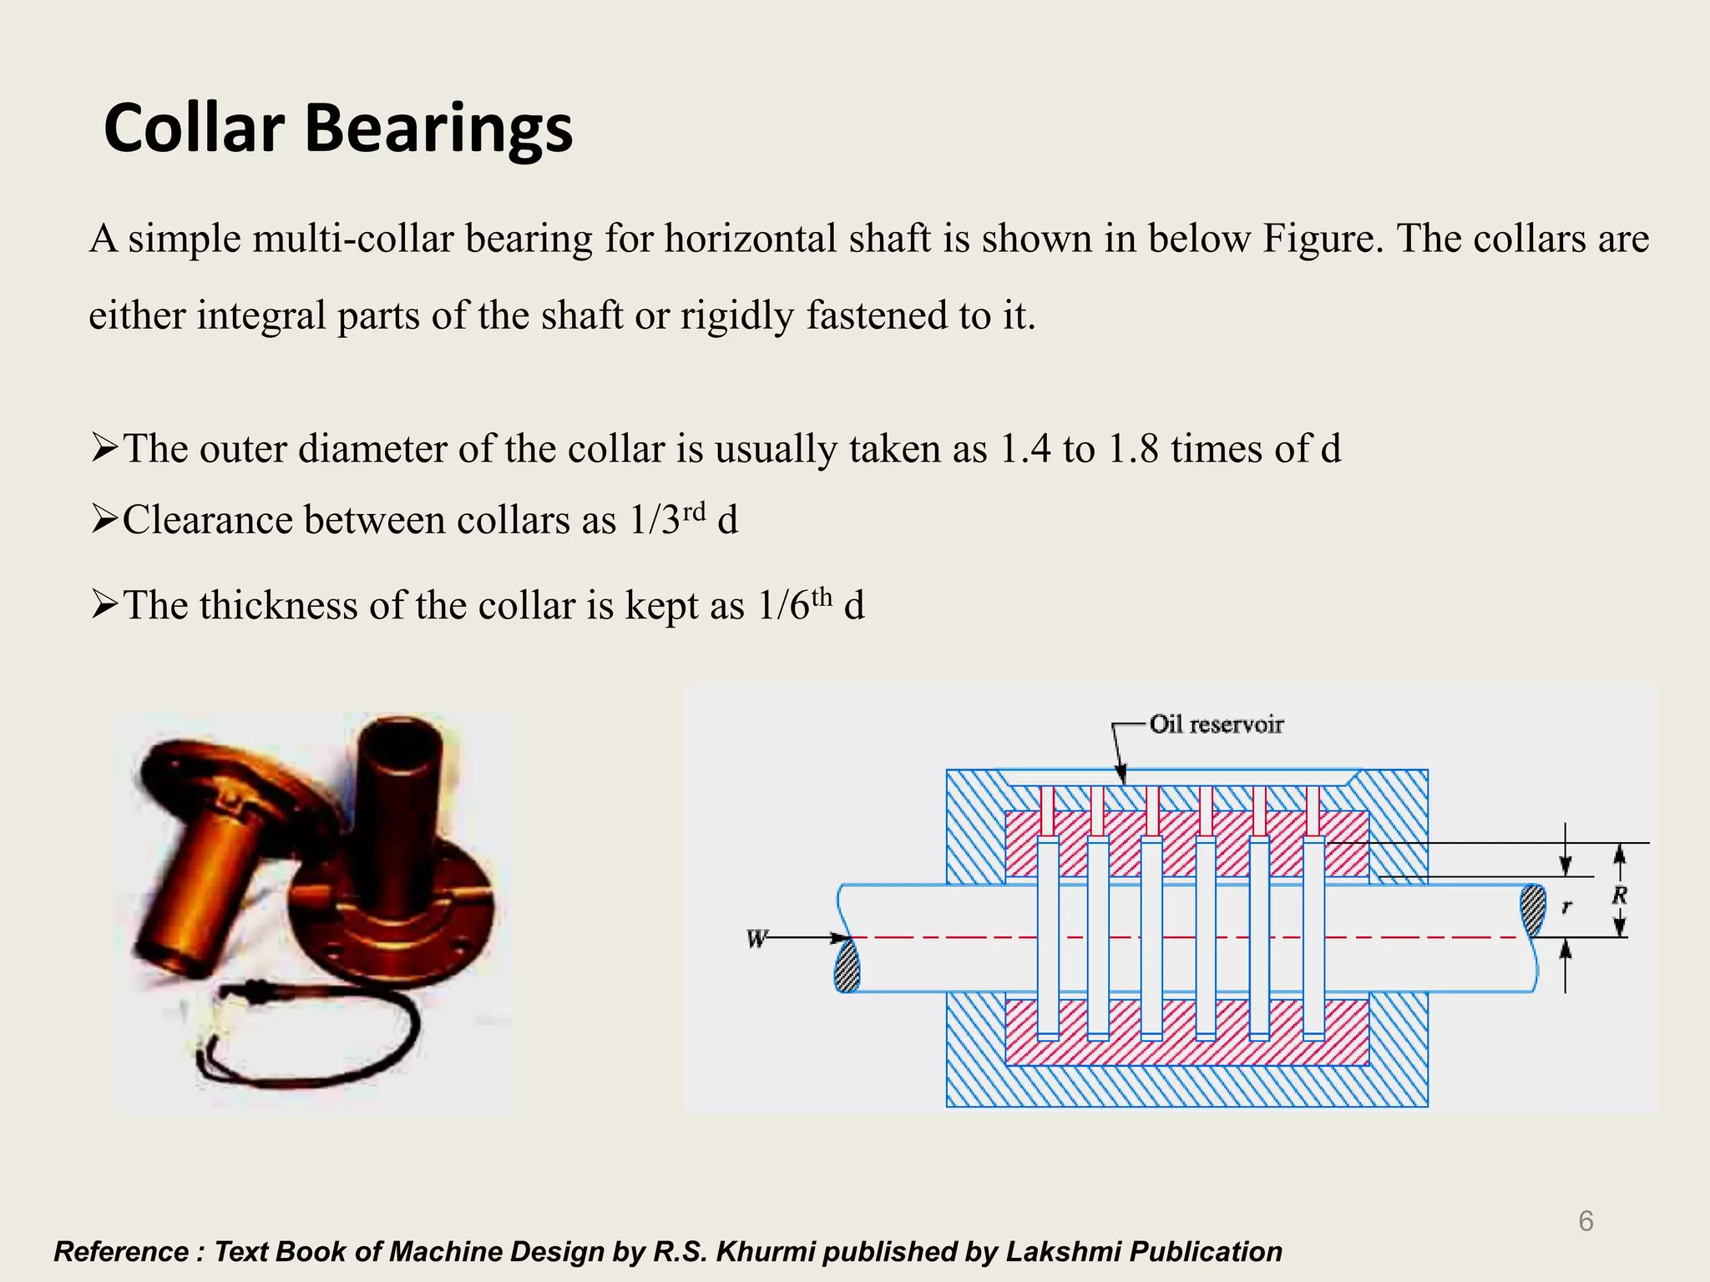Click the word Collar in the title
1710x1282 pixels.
click(x=194, y=129)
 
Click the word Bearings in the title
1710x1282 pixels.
click(x=438, y=130)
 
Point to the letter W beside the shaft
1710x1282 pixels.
click(x=756, y=939)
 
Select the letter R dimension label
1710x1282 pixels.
click(x=1619, y=896)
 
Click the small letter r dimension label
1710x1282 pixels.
click(x=1566, y=906)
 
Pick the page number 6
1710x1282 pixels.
click(x=1586, y=1221)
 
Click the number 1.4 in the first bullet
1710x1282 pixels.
click(x=1024, y=449)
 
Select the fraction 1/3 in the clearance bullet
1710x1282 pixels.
click(x=655, y=521)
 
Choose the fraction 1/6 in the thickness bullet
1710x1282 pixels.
click(x=784, y=606)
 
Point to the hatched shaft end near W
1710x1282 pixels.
click(x=847, y=966)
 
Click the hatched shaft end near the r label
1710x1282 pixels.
click(x=1533, y=911)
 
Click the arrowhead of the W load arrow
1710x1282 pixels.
click(x=842, y=938)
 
